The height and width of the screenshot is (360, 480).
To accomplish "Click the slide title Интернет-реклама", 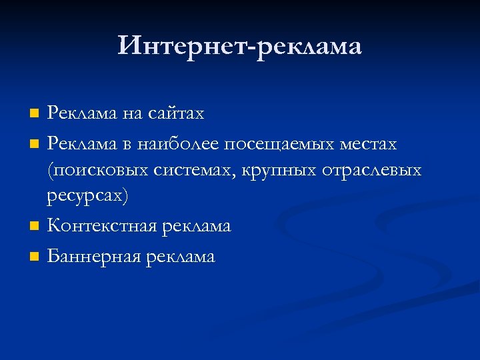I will tap(240, 46).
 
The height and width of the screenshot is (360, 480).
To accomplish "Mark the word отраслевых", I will tap(372, 171).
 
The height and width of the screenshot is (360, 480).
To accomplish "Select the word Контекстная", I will tap(100, 227).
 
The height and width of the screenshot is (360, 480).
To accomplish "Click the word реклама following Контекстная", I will tap(194, 227).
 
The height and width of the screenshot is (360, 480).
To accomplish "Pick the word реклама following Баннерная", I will tap(179, 257).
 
